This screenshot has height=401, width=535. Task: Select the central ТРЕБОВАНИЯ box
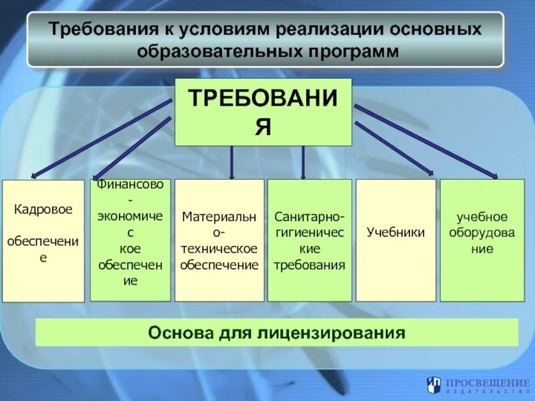(263, 112)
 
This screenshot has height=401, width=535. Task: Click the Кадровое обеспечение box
(43, 241)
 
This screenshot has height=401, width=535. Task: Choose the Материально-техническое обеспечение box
(219, 241)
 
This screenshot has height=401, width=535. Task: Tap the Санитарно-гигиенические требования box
(309, 241)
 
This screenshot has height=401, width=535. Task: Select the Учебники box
(395, 241)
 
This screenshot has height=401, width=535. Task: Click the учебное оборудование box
(481, 241)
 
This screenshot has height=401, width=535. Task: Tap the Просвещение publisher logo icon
(434, 384)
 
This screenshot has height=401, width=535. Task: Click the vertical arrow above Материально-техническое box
(231, 164)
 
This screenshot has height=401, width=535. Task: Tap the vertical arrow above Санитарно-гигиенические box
(303, 164)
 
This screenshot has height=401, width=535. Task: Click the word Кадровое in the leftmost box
(43, 209)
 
